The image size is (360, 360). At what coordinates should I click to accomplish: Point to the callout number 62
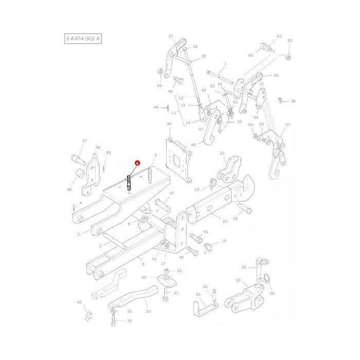(x=290, y=40)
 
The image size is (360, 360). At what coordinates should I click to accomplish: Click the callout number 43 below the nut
(x=159, y=86)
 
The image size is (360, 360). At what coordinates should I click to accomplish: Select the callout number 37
(x=84, y=140)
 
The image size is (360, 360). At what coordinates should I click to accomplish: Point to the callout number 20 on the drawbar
(x=224, y=220)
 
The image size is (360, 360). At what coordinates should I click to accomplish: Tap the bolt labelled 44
(x=172, y=80)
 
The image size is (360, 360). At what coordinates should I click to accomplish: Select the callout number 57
(x=288, y=125)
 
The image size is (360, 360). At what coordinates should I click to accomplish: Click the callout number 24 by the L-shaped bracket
(x=198, y=293)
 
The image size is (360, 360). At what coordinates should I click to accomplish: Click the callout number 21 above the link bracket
(x=222, y=154)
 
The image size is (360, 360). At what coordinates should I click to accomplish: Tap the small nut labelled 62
(x=288, y=56)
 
